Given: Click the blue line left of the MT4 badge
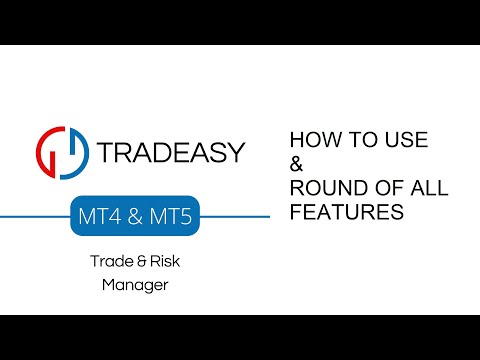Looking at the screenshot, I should coord(35,216).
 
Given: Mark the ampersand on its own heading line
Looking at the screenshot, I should coord(295,164).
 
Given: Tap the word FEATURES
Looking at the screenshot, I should coord(345,213).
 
